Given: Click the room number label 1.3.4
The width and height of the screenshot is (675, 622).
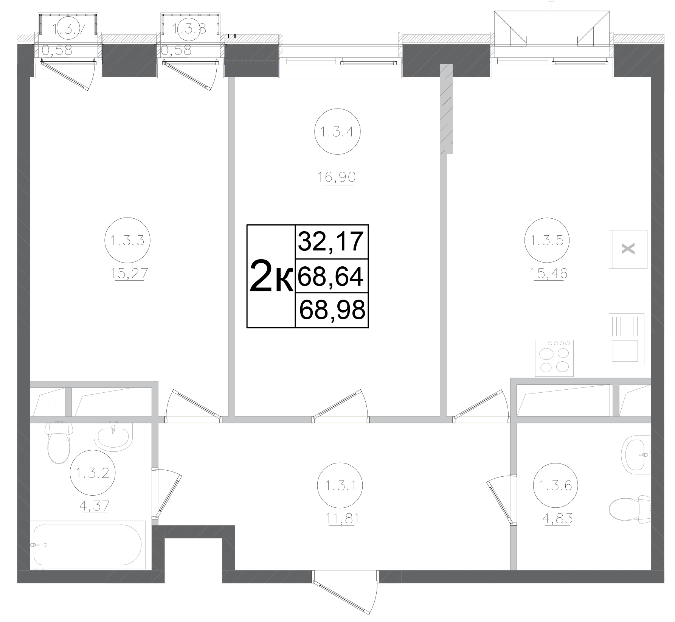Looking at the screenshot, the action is point(337,132).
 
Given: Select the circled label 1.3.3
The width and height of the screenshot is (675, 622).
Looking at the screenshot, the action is point(127,240).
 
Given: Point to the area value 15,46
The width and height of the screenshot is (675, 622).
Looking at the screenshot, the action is point(549,273).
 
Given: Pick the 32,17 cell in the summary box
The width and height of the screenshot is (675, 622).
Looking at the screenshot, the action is point(331,242).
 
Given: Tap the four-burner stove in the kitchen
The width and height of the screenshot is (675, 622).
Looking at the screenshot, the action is point(554,358).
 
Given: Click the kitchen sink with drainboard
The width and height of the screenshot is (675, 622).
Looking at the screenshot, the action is point(627,339).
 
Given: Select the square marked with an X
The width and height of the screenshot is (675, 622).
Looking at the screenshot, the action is point(628,249).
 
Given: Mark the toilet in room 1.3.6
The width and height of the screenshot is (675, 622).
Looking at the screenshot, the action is point(630,509).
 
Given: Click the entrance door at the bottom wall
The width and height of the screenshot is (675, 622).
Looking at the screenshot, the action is point(345,592).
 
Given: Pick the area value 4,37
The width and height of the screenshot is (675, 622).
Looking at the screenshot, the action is point(93,505).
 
